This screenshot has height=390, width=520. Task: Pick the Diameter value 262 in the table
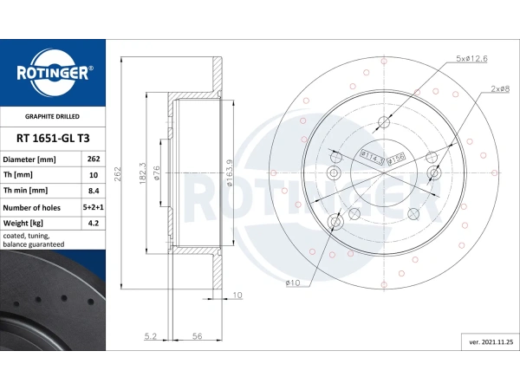click(x=93, y=159)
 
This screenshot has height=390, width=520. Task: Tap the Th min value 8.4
click(x=93, y=191)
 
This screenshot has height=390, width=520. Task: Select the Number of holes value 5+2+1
click(x=93, y=207)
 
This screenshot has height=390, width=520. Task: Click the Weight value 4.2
click(x=93, y=223)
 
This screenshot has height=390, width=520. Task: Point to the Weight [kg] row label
click(x=25, y=223)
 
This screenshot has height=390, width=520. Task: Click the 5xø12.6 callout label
click(x=471, y=58)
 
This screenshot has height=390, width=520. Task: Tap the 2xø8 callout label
click(x=499, y=89)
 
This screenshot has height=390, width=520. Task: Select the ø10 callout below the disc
click(x=291, y=283)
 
